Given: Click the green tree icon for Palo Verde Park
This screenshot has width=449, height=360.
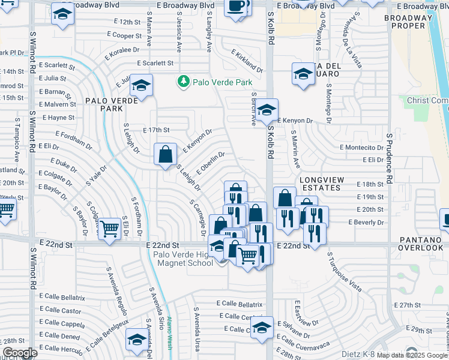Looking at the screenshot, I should click(x=184, y=82).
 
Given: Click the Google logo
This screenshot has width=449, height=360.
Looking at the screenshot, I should click(x=19, y=353).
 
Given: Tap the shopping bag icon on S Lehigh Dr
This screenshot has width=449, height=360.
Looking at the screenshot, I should click(x=165, y=154).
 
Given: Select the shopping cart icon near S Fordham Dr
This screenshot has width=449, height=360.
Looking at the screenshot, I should click(x=109, y=228).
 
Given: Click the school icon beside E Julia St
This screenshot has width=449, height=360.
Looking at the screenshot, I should click(x=141, y=85).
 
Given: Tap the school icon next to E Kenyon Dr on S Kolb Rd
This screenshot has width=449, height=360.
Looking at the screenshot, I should click(x=268, y=110).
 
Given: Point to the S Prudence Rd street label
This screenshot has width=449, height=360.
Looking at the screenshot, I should click(x=390, y=158).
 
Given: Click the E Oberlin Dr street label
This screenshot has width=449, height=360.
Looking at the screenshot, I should click(x=210, y=161).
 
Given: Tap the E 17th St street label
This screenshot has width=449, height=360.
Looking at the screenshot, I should click(x=157, y=130).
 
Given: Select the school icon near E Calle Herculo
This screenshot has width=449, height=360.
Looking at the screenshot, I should click(x=136, y=340).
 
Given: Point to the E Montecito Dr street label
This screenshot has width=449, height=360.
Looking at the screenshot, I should click(x=361, y=147).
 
